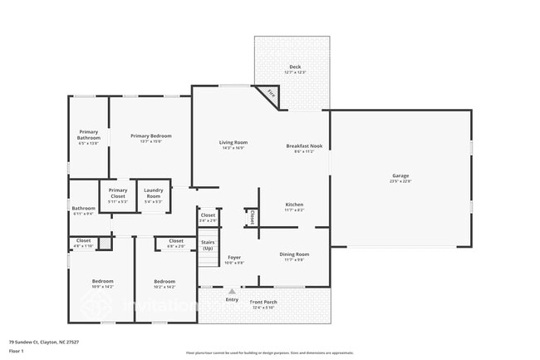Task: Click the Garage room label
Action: coord(400,175)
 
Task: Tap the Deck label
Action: coord(295,67)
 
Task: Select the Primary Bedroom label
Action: coord(150,136)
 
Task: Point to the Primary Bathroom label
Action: coord(88,135)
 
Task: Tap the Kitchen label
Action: coord(295,205)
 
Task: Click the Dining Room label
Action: coord(294,254)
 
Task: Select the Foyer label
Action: coord(234,258)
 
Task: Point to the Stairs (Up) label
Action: coord(208,244)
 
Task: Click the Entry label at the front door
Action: coord(232,299)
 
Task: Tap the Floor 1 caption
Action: coord(17,352)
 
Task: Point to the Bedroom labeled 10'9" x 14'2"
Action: coord(102,282)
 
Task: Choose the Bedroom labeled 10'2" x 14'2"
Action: coord(164,282)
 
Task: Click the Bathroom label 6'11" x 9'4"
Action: coord(83,209)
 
